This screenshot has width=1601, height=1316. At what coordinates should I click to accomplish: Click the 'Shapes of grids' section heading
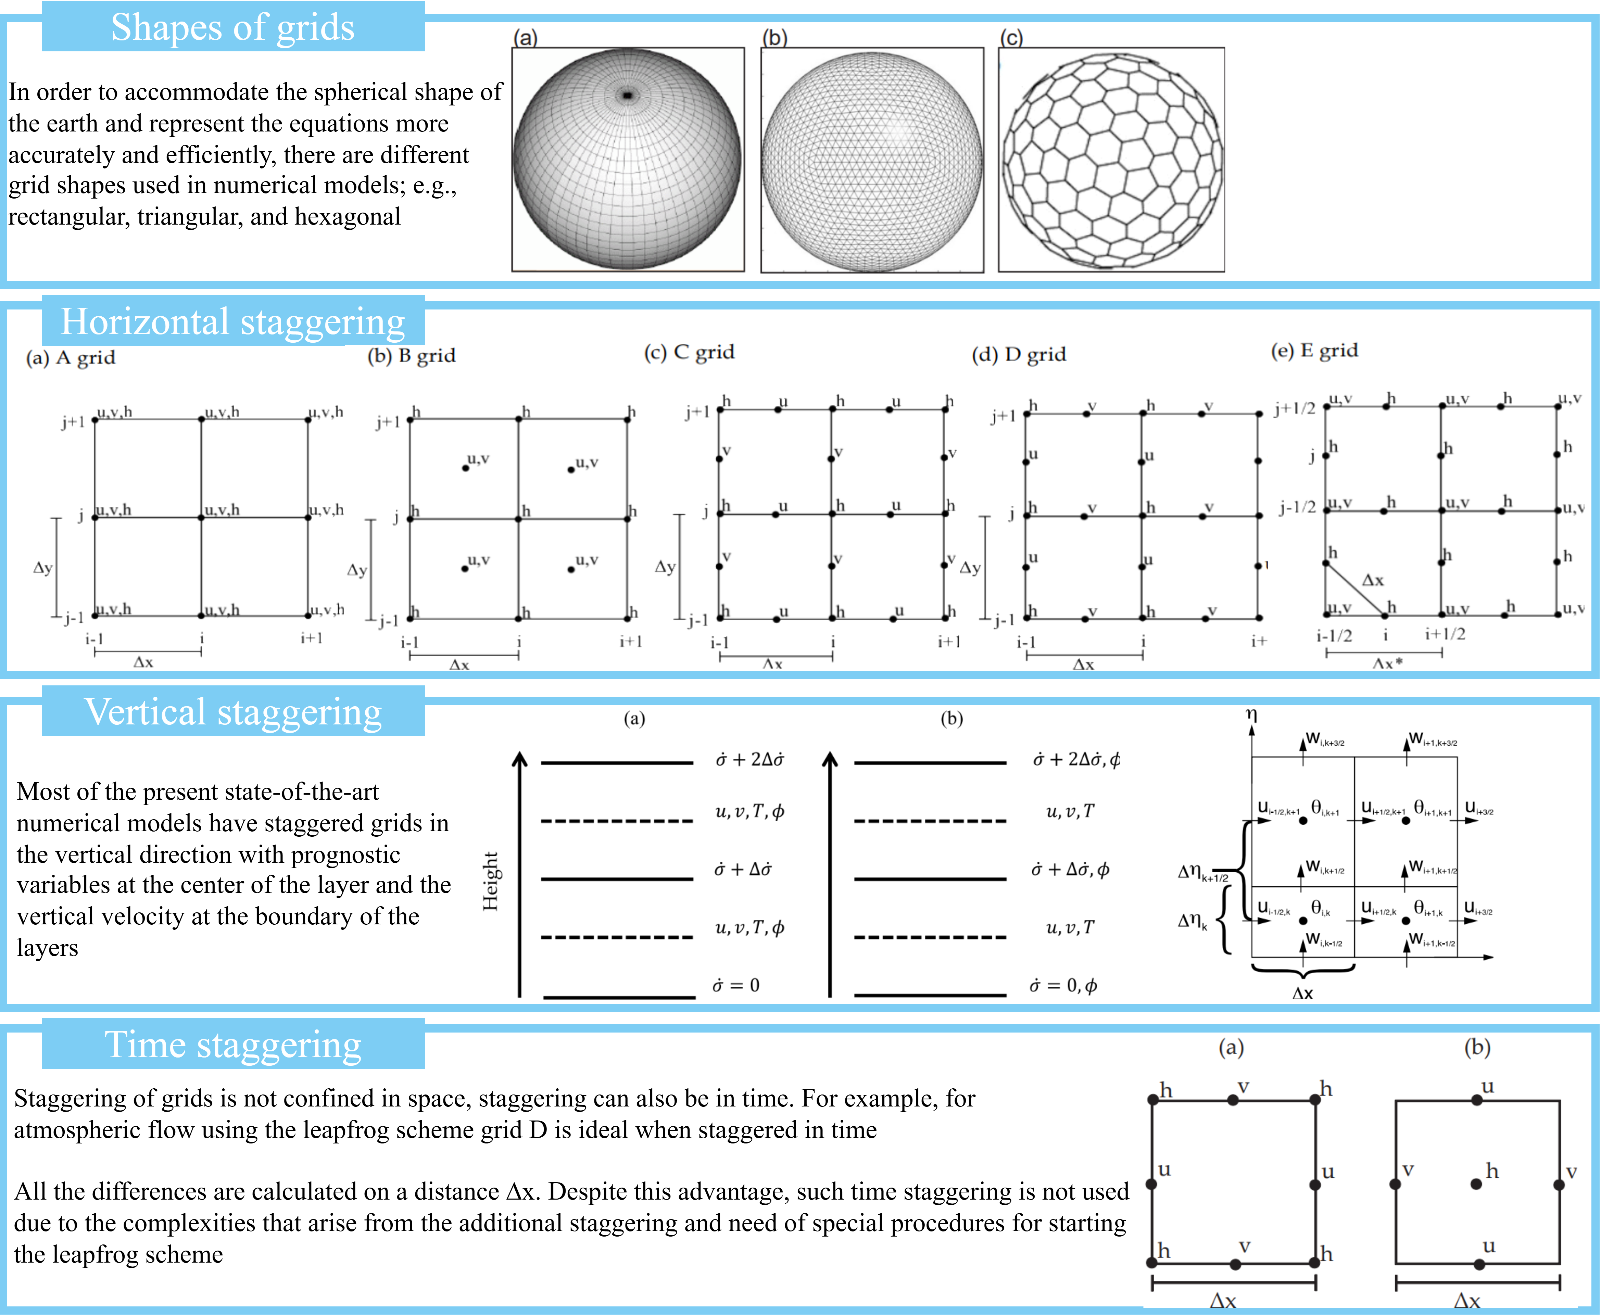click(x=233, y=27)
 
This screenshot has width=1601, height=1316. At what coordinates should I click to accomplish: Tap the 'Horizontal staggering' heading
click(x=233, y=321)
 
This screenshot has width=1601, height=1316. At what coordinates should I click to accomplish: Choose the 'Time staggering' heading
click(x=233, y=1045)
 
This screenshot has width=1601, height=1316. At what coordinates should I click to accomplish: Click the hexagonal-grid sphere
click(x=1111, y=160)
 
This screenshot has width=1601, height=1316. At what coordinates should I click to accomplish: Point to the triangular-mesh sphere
click(x=872, y=160)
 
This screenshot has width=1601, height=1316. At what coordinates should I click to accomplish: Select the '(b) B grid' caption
click(x=412, y=355)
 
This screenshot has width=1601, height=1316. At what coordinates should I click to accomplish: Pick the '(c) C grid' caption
click(x=689, y=352)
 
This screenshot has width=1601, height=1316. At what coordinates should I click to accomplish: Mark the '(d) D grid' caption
click(x=1019, y=354)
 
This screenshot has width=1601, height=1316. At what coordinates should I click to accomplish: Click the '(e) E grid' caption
click(x=1314, y=350)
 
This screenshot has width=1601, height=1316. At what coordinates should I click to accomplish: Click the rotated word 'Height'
click(x=490, y=881)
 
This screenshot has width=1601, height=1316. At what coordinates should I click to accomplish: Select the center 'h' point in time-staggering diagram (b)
click(x=1476, y=1183)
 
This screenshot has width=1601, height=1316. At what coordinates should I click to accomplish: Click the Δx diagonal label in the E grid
click(x=1373, y=581)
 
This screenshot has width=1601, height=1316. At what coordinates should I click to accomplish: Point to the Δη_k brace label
click(x=1193, y=921)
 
